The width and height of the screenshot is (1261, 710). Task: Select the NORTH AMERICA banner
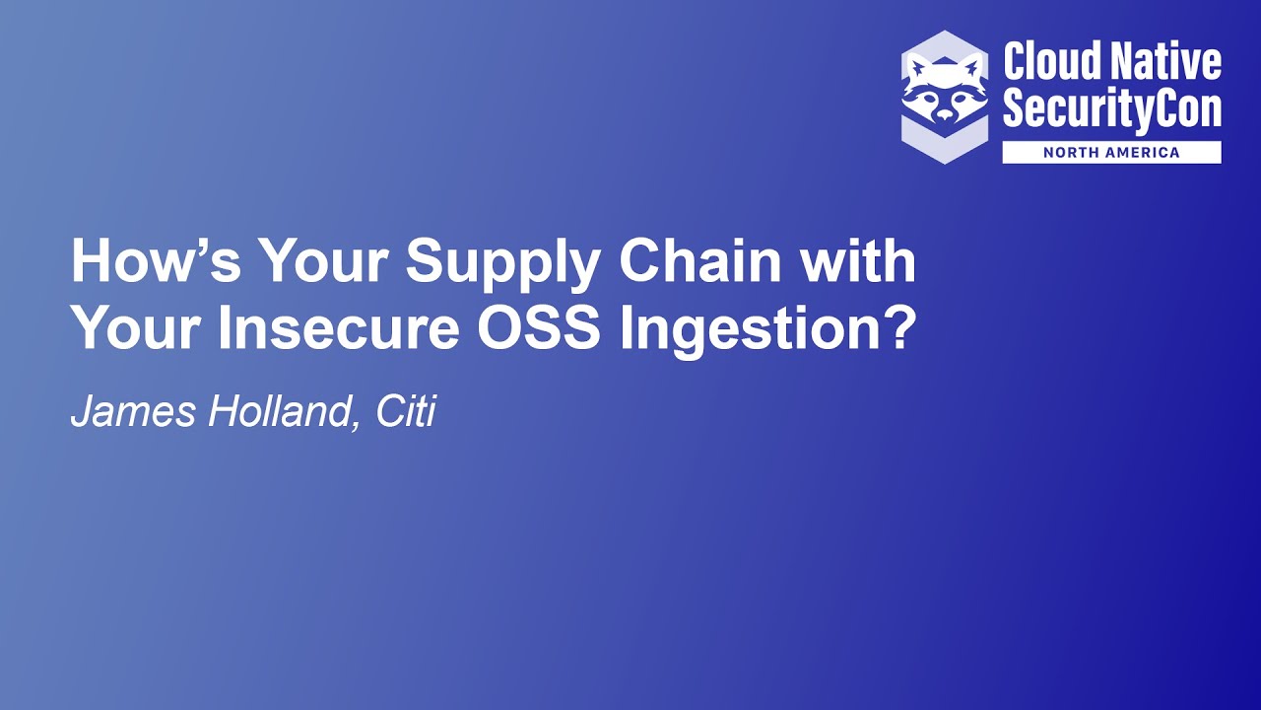pyautogui.click(x=1111, y=153)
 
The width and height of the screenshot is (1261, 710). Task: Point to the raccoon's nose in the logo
pyautogui.click(x=944, y=112)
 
